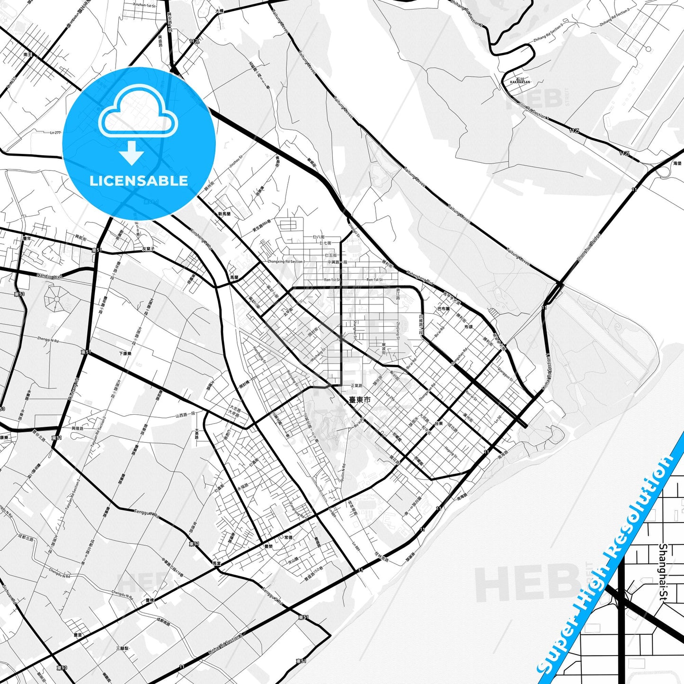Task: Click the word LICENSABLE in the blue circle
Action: point(139,181)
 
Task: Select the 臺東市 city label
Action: point(360,400)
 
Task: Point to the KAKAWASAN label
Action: point(520,82)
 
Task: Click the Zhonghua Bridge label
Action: point(589,248)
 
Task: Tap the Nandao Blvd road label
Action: point(49,275)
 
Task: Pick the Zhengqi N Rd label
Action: point(48,339)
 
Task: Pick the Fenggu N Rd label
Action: point(147,512)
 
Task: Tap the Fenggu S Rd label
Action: point(273,596)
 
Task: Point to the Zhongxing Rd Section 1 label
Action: point(286,261)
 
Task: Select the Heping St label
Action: point(451,452)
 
